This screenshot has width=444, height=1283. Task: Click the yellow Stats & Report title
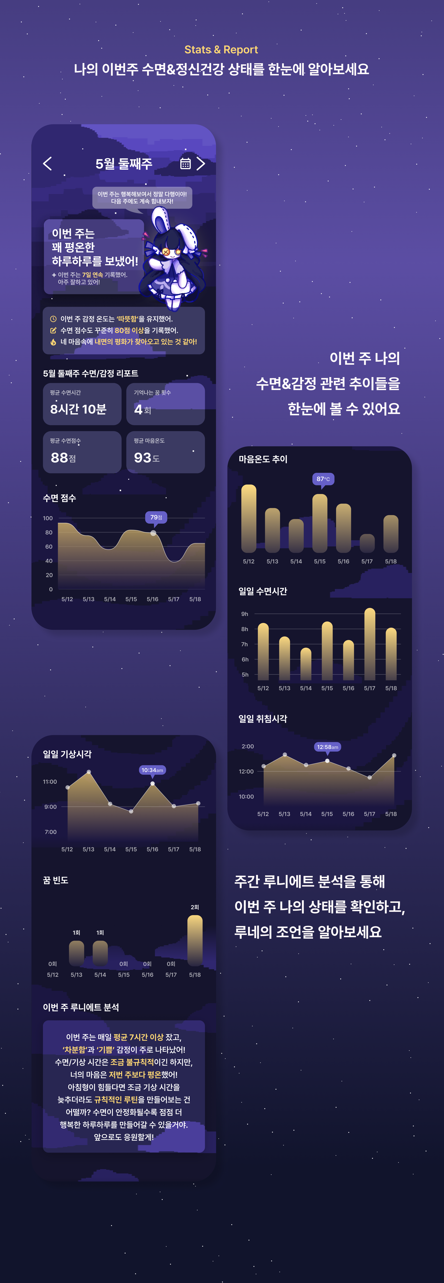(221, 50)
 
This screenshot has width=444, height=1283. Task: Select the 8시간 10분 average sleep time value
(78, 409)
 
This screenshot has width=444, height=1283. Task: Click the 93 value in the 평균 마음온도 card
(142, 457)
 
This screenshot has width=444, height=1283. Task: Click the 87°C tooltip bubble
(323, 479)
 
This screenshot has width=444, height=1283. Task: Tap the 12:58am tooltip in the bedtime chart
(327, 747)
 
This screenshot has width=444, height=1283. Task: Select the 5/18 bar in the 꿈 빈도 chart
(195, 940)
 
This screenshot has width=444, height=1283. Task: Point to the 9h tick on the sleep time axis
(244, 614)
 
